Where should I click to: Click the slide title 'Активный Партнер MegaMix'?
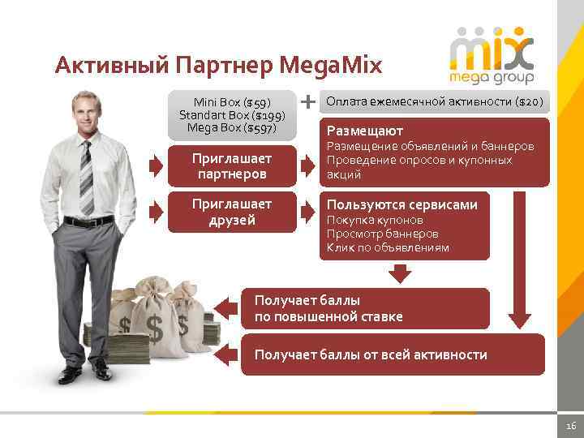tap(217, 64)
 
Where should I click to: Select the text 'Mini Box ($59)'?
tap(231, 102)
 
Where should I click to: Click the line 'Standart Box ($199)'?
tap(231, 115)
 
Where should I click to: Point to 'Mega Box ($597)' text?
tap(231, 127)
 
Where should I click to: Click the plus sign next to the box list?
tap(308, 102)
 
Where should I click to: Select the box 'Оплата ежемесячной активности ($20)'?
tap(435, 102)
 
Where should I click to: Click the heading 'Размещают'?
tap(364, 131)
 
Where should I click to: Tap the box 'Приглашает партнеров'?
tap(230, 165)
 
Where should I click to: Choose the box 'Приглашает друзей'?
tap(230, 212)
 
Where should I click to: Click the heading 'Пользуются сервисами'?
tap(401, 204)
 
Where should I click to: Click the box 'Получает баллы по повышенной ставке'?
tap(365, 308)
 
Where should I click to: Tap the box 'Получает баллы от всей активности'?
tap(393, 354)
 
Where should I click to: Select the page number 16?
tap(569, 426)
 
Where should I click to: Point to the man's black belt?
tap(88, 221)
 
